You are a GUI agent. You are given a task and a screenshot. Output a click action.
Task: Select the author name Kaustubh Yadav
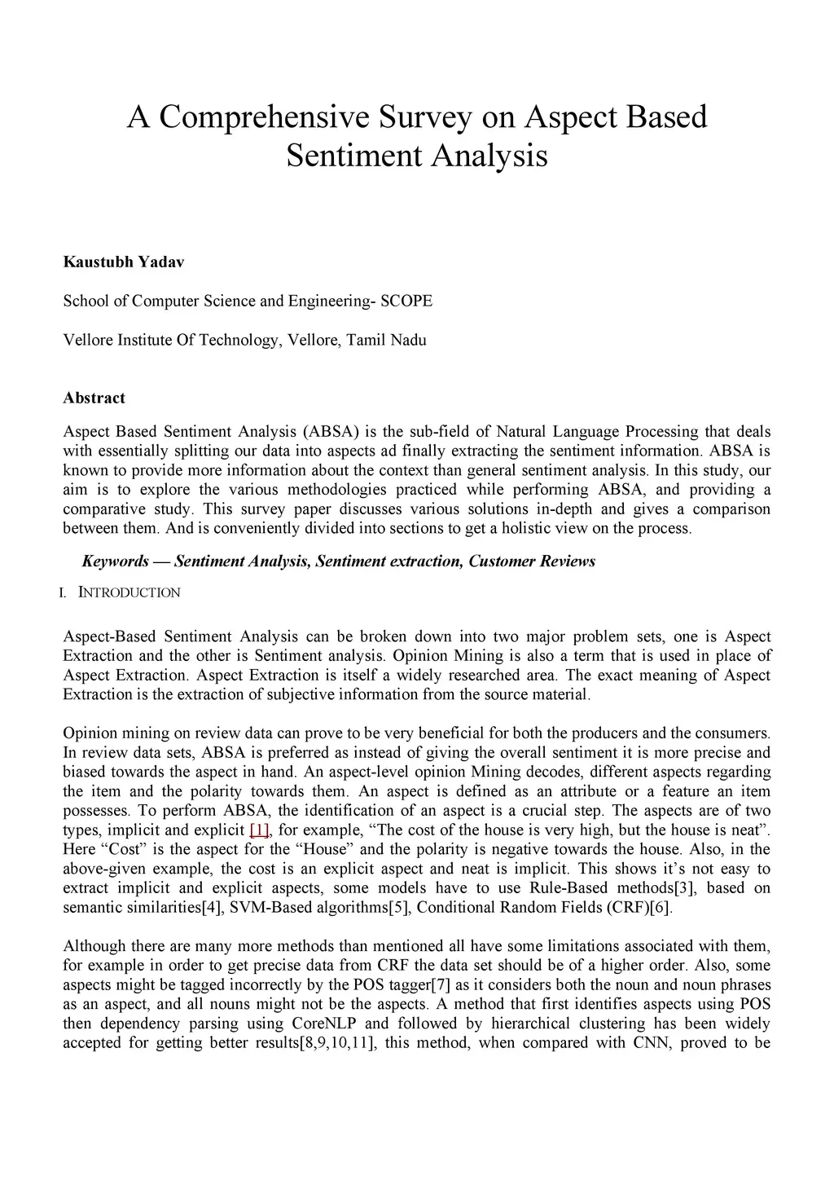(x=124, y=262)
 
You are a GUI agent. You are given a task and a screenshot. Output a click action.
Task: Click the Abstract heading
(x=94, y=398)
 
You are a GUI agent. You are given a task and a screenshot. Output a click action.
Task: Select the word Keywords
(x=115, y=561)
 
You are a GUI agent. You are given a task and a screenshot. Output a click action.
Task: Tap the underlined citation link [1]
(x=259, y=830)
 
